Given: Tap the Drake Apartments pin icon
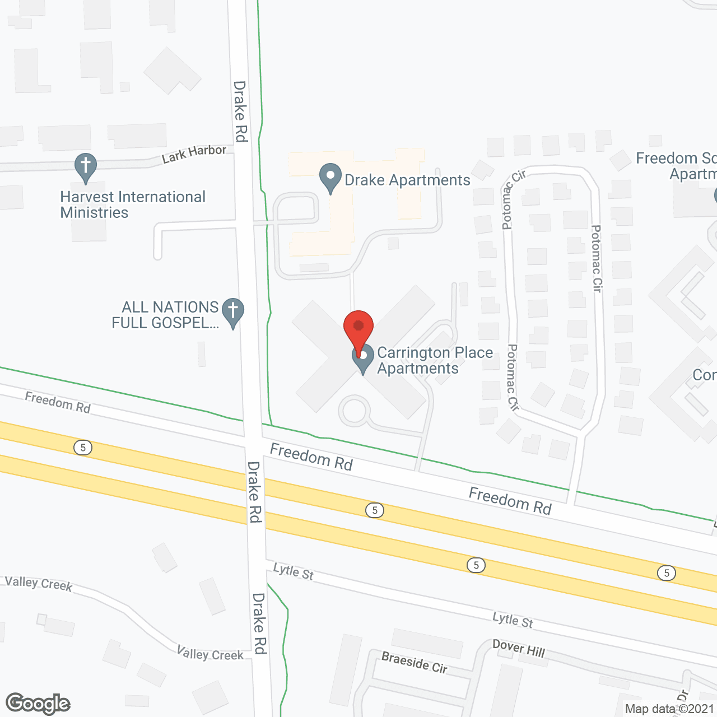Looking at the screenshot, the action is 330,178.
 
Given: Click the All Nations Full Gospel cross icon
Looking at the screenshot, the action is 233,312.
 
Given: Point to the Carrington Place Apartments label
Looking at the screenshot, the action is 435,360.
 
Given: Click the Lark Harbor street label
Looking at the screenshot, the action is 194,153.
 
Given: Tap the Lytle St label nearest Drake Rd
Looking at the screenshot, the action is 293,571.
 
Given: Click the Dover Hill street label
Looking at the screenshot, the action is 519,648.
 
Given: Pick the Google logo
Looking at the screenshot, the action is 38,704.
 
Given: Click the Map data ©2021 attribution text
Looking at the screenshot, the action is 669,709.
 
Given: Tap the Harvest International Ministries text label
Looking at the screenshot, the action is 133,204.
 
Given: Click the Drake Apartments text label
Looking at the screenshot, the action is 407,180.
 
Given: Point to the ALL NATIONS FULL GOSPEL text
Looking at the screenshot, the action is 165,315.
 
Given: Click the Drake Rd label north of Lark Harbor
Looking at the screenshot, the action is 240,111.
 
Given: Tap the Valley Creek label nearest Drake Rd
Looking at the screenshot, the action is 210,654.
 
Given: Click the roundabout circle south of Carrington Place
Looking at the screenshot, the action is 354,411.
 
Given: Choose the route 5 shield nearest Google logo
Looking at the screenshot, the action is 83,448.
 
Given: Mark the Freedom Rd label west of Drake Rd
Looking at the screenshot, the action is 58,402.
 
